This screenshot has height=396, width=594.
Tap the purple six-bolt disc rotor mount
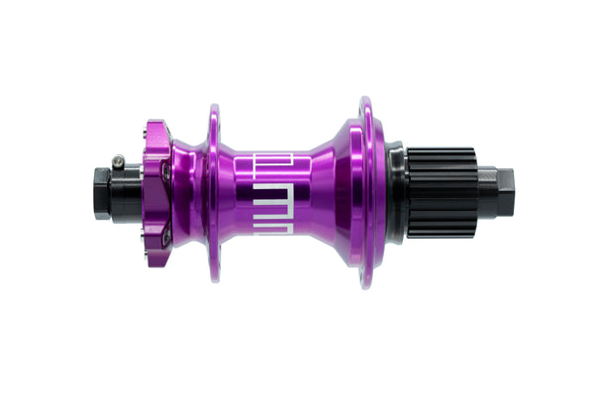click(x=156, y=193)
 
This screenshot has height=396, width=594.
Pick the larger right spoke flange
click(x=366, y=193)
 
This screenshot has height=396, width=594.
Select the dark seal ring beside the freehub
click(x=396, y=192)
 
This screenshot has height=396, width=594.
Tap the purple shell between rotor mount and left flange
click(x=188, y=193)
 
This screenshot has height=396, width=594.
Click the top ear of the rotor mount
click(x=155, y=127)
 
